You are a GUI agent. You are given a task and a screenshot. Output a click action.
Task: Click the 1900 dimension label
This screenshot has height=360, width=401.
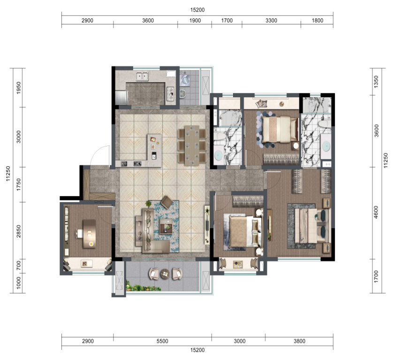[195, 21]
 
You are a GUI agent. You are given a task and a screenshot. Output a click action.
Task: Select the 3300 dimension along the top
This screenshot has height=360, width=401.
[271, 21]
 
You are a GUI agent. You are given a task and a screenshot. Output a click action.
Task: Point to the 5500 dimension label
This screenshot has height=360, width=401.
[162, 341]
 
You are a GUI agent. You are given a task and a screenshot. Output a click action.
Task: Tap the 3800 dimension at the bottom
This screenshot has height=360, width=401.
[299, 341]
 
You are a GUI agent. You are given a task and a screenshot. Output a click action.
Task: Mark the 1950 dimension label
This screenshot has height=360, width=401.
[19, 88]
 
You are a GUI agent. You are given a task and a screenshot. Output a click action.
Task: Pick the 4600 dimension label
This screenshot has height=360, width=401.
[376, 212]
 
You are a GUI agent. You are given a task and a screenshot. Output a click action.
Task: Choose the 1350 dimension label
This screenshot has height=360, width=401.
[376, 82]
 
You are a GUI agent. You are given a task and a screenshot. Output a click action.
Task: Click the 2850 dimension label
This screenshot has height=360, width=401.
[19, 231]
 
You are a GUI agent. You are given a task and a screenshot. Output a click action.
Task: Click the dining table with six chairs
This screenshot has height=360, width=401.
[192, 146]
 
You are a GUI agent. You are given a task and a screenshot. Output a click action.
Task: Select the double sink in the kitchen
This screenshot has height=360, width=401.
[142, 76]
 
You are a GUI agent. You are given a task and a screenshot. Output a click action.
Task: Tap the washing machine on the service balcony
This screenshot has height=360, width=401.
[185, 80]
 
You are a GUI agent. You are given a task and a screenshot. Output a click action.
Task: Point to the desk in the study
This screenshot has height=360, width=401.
[89, 234]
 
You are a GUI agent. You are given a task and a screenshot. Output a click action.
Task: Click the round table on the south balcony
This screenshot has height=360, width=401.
[165, 274]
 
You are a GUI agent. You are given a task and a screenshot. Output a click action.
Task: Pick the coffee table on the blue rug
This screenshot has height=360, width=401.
[166, 226]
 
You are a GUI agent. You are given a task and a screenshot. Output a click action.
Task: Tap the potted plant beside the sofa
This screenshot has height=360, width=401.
[148, 204]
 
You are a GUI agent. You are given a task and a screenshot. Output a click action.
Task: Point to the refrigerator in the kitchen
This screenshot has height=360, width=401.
[121, 97]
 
